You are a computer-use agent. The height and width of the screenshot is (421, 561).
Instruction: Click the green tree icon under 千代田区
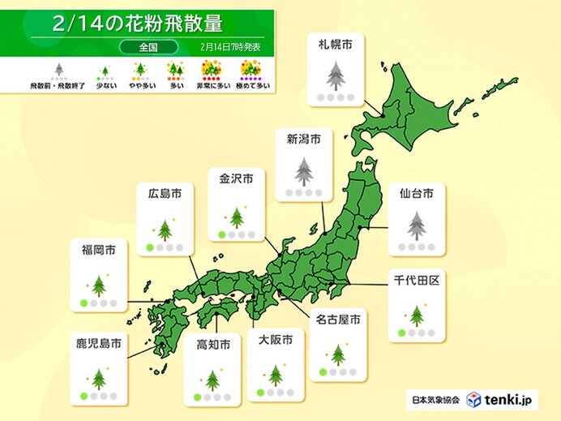point(416,315)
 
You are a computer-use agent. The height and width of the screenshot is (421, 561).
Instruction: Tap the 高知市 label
point(213,345)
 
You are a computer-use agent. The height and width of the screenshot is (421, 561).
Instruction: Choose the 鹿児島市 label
point(99,345)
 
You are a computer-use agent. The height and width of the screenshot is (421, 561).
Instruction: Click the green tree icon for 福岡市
point(99,286)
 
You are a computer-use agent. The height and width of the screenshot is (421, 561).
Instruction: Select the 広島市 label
point(165,193)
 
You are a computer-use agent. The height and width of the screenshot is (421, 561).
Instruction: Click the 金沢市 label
point(236,178)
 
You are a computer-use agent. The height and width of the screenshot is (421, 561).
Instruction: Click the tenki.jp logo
point(501,400)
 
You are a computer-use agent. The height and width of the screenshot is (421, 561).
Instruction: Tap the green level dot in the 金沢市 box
point(221,235)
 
